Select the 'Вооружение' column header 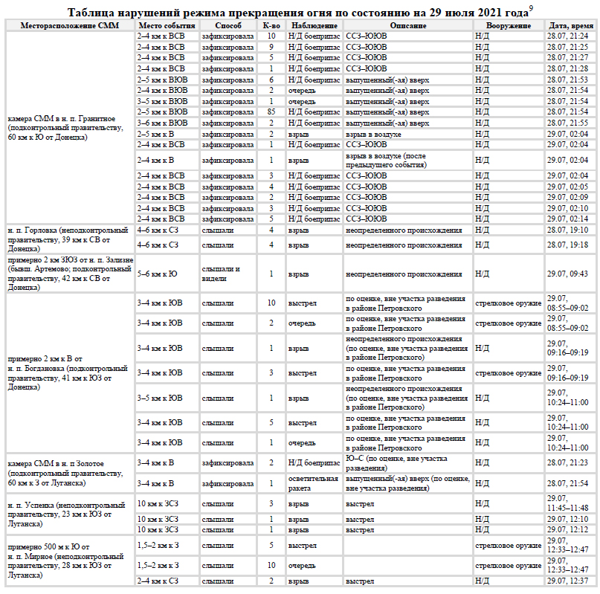click(x=509, y=25)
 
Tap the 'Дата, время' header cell click(x=571, y=25)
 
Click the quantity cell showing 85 click(x=271, y=112)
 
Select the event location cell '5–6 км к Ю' click(x=157, y=274)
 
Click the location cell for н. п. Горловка click(x=68, y=239)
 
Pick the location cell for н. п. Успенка click(x=68, y=514)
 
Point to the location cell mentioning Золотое click(x=68, y=473)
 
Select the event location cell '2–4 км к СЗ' click(x=158, y=581)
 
